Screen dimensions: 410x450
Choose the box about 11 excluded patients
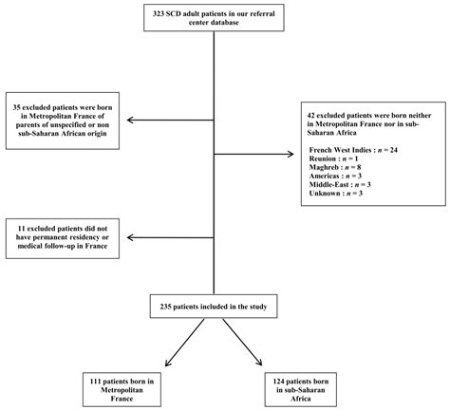tap(68, 238)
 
